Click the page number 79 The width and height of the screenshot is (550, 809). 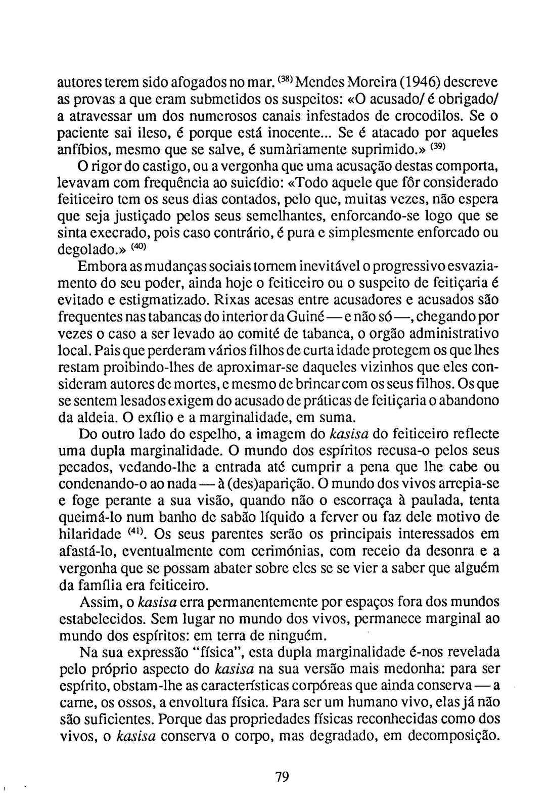tap(282, 777)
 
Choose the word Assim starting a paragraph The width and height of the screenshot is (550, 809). tap(99, 602)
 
